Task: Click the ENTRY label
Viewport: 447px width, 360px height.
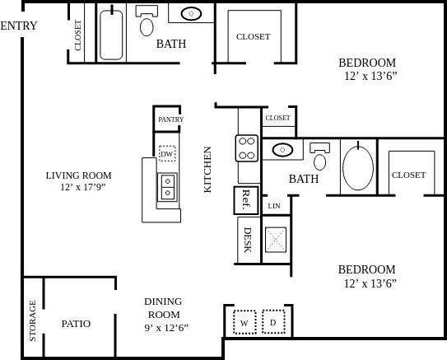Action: [x=18, y=26]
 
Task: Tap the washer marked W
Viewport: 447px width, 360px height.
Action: [x=244, y=322]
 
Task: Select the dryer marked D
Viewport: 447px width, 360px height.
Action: [x=273, y=322]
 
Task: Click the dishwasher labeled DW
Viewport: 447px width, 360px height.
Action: [x=167, y=154]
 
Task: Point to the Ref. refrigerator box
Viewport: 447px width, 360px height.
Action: [x=246, y=199]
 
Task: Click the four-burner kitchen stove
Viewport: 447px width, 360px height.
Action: [x=247, y=147]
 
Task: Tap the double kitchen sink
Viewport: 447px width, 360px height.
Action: [x=168, y=187]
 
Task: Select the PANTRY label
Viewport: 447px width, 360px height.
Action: [x=170, y=119]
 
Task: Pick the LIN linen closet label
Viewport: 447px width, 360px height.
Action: [x=274, y=206]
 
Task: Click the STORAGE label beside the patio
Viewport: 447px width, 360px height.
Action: [x=33, y=320]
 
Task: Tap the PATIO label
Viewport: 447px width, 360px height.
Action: [x=76, y=324]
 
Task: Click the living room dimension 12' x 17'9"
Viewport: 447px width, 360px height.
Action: [x=78, y=188]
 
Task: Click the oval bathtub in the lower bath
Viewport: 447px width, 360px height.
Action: [x=356, y=167]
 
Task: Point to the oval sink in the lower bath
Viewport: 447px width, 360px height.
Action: [x=282, y=151]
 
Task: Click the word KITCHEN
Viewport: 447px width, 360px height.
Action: [x=208, y=170]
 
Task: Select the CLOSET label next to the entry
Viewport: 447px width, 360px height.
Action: [x=79, y=35]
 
